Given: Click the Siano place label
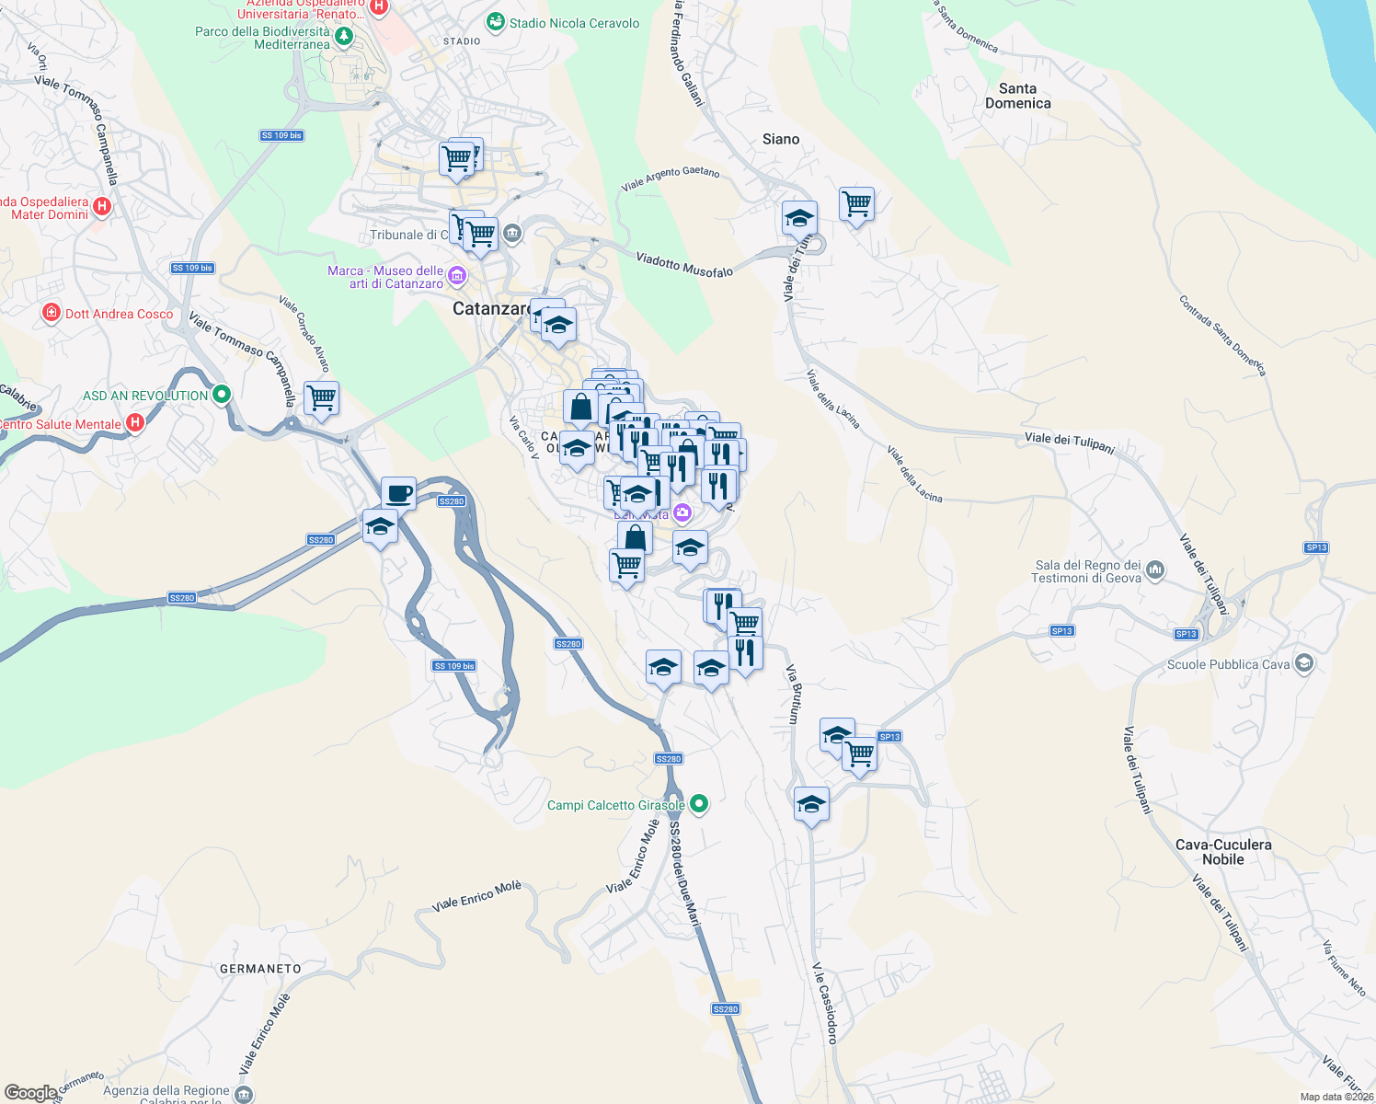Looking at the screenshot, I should coord(781,139).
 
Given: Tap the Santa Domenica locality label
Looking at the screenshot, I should coord(1017,96).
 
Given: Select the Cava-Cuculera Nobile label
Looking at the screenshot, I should coord(1223,852).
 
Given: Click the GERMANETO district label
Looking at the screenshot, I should coord(260,969).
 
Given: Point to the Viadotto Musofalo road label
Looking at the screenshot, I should coord(684,265).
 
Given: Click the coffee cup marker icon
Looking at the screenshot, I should coord(399,493).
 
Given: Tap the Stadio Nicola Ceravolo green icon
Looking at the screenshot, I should coord(496,22).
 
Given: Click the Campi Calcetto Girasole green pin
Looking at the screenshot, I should coord(699,804).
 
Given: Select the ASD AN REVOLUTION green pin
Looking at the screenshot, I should coord(221,395).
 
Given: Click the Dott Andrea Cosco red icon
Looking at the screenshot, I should coord(52,314).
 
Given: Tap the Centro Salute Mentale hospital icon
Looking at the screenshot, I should coord(135,423).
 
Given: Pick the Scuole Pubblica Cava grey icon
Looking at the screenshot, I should coord(1303,663).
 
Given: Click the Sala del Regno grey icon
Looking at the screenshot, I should coord(1156,571).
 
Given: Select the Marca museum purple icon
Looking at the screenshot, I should coord(456,276).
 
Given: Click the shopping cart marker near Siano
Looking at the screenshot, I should coord(856,203).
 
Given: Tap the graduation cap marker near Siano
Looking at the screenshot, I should coord(799,218).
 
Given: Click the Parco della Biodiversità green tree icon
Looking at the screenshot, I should coord(344,37).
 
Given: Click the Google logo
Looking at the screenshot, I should coord(30,1092).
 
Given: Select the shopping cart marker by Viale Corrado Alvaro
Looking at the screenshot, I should coord(322,398).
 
